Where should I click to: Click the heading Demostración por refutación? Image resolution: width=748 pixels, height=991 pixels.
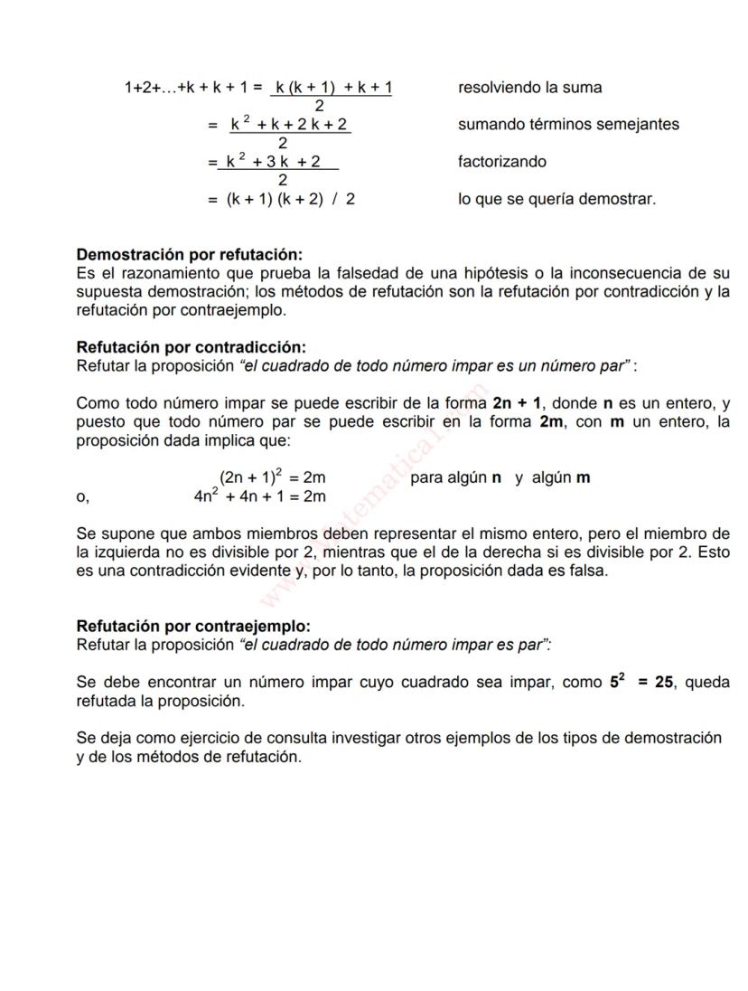click(x=189, y=255)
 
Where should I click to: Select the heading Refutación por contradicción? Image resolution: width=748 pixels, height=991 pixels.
click(x=191, y=347)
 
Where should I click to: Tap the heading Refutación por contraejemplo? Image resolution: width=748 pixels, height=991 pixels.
click(x=192, y=626)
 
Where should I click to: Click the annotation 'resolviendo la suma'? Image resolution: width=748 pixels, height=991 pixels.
click(x=529, y=88)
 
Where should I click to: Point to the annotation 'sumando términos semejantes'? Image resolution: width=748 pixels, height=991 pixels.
click(x=568, y=125)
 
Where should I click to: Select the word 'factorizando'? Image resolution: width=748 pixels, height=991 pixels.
click(x=501, y=162)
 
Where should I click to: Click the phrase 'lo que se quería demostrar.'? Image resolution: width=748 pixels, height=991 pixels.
click(x=556, y=199)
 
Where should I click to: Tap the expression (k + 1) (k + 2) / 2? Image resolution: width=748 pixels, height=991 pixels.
click(x=290, y=200)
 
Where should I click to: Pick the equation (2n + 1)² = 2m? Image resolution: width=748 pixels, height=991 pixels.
click(x=272, y=477)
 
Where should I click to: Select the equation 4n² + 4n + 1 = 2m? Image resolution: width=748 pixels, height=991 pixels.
click(x=259, y=496)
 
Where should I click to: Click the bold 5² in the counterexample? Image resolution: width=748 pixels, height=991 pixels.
click(x=617, y=682)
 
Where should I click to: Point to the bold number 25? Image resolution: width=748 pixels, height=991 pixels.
click(x=664, y=683)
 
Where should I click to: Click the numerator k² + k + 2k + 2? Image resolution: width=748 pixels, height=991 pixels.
click(x=289, y=125)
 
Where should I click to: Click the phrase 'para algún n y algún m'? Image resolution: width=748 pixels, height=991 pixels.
click(x=500, y=477)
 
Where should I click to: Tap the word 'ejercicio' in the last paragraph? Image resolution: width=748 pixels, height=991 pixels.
click(x=199, y=738)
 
